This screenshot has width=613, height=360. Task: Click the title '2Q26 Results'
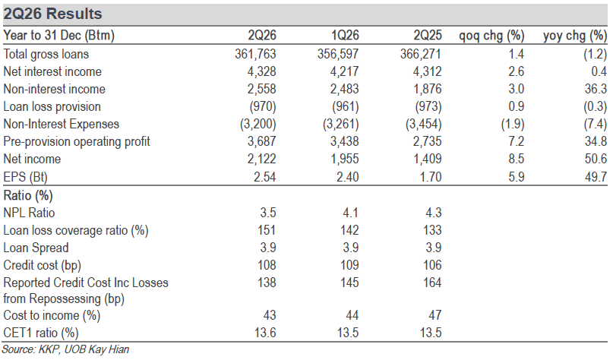click(52, 14)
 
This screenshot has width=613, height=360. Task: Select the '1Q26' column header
click(345, 36)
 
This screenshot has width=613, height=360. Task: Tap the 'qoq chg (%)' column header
click(491, 36)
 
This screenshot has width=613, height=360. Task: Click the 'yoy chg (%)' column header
click(575, 36)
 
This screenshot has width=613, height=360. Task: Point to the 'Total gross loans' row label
click(46, 54)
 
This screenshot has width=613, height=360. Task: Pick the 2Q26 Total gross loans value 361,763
click(255, 54)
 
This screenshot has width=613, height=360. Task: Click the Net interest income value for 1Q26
click(344, 71)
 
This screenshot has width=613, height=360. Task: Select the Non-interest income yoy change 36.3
click(596, 89)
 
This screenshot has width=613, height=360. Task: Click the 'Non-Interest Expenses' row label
click(62, 124)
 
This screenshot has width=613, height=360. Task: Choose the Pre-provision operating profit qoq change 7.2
click(516, 141)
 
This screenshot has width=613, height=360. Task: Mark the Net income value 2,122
click(261, 159)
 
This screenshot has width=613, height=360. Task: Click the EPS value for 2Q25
click(431, 177)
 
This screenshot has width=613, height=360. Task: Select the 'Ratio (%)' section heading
click(28, 195)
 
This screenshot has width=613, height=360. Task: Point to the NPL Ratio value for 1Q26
click(350, 213)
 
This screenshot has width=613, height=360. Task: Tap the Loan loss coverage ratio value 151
click(267, 230)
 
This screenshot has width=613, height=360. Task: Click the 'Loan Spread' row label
click(36, 248)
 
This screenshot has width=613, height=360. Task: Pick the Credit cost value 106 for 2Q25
click(432, 265)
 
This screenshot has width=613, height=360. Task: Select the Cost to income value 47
click(435, 315)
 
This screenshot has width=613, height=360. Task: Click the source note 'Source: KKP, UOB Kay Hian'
click(65, 349)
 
